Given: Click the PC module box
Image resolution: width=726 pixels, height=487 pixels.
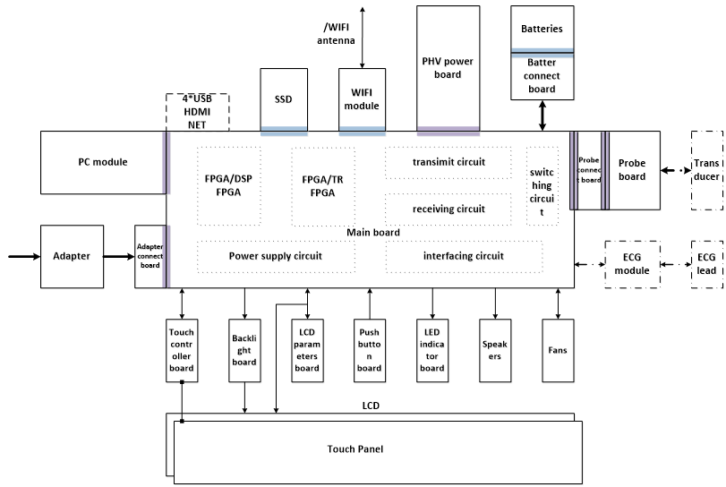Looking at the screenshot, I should click(x=102, y=162).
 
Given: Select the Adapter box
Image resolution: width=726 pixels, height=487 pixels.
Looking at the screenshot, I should click(x=72, y=256).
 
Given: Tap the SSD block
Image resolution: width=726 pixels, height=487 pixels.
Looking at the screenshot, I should click(x=285, y=100).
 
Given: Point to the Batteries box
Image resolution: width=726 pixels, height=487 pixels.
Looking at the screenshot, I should click(x=542, y=29).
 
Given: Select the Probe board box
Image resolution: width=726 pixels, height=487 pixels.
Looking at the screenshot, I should click(x=633, y=170).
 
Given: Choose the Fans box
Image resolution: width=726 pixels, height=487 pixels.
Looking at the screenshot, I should click(x=559, y=350).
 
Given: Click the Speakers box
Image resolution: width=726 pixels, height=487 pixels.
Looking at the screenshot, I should click(x=495, y=350).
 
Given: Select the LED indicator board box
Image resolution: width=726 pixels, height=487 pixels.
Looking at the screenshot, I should click(x=432, y=350).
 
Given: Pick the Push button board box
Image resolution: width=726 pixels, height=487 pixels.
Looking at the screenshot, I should click(x=369, y=350).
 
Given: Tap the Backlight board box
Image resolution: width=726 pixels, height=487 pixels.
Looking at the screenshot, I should click(x=244, y=350).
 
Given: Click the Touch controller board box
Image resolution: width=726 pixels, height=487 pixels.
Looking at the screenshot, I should click(x=182, y=350).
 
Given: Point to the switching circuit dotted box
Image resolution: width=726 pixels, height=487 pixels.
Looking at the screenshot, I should click(x=542, y=186).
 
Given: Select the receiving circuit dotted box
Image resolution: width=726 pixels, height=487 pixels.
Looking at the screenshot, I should click(x=448, y=209).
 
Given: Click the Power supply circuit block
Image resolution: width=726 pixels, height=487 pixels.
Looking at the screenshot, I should click(x=275, y=256).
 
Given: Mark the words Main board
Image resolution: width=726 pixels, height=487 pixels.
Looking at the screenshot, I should click(x=372, y=233).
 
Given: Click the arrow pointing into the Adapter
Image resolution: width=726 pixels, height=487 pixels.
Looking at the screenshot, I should click(x=22, y=256).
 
